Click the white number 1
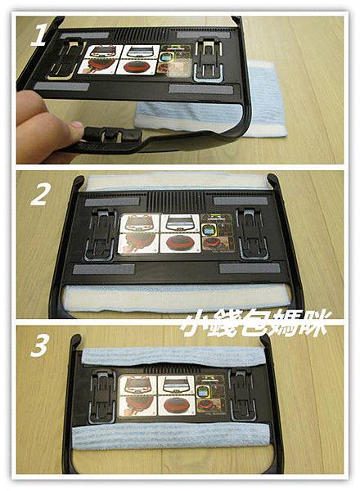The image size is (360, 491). point(38,34)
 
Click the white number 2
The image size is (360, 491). point(39,194)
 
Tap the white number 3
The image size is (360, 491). point(39,345)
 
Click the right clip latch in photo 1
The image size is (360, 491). point(209,61)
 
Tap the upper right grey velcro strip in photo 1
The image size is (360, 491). point(203,34)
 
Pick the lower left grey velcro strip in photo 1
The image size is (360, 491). point(61,86)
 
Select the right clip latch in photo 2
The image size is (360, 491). point(252,234)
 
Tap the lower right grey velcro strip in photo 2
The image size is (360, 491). point(250,268)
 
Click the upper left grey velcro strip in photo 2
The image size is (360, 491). point(112,202)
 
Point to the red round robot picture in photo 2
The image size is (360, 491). point(179,243)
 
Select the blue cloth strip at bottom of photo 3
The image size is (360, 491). point(172,435)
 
